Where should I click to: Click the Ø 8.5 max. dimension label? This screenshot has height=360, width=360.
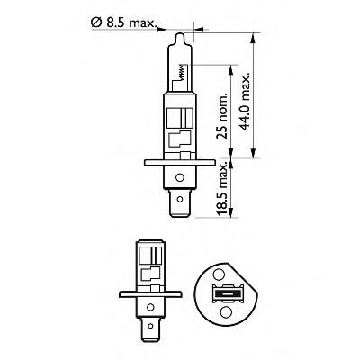[x=123, y=22]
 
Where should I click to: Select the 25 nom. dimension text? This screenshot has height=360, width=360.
[x=222, y=117]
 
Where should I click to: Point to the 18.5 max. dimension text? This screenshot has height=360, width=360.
[x=222, y=189]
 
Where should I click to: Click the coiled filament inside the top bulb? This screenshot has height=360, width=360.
[x=181, y=72]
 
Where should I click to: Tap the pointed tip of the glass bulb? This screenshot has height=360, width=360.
[x=179, y=33]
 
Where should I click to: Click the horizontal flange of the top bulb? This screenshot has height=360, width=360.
[x=180, y=162]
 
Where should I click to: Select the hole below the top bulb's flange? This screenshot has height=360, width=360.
[x=180, y=177]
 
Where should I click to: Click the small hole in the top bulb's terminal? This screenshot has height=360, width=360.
[x=180, y=199]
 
